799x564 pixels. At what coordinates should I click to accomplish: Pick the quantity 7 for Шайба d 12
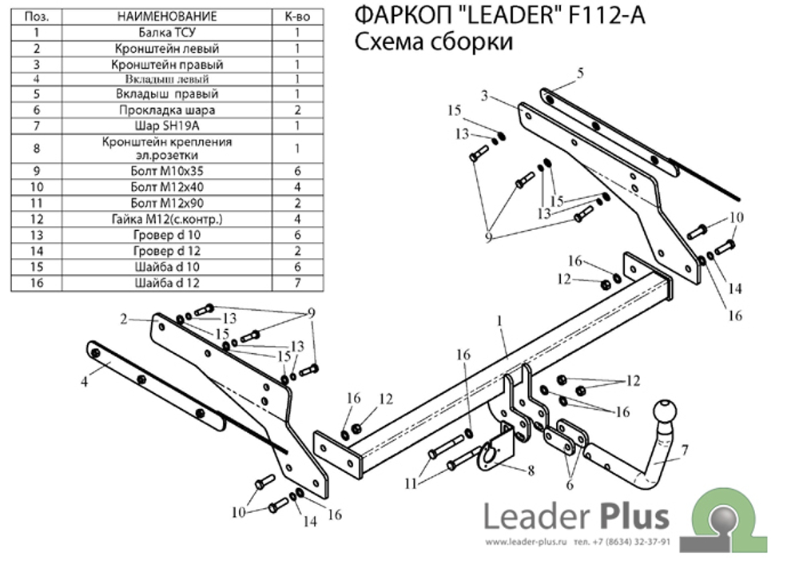coord(297,282)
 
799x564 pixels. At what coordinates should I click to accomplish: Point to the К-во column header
coord(297,16)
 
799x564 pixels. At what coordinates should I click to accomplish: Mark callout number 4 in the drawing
coord(85,381)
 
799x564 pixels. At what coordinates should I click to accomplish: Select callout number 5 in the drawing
coord(580,73)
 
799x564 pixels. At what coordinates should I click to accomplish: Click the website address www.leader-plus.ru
coord(524,542)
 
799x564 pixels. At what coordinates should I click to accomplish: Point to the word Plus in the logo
coord(630,515)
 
